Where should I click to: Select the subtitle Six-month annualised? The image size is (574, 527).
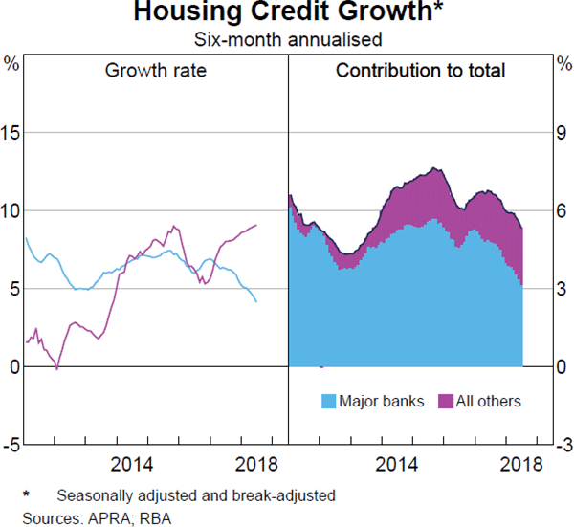288,40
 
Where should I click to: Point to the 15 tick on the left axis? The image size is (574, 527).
11,132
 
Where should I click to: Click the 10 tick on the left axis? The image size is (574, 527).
11,210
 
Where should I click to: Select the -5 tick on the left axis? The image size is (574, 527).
11,445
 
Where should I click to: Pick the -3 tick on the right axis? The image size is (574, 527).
559,445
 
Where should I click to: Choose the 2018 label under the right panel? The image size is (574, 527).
522,465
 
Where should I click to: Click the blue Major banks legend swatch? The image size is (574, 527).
328,401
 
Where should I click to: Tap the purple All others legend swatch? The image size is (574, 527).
444,401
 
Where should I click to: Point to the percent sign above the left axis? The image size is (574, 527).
12,64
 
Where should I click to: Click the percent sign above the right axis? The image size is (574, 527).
563,64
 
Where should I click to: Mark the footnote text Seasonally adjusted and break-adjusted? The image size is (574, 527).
195,497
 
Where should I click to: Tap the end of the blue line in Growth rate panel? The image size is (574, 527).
256,302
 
